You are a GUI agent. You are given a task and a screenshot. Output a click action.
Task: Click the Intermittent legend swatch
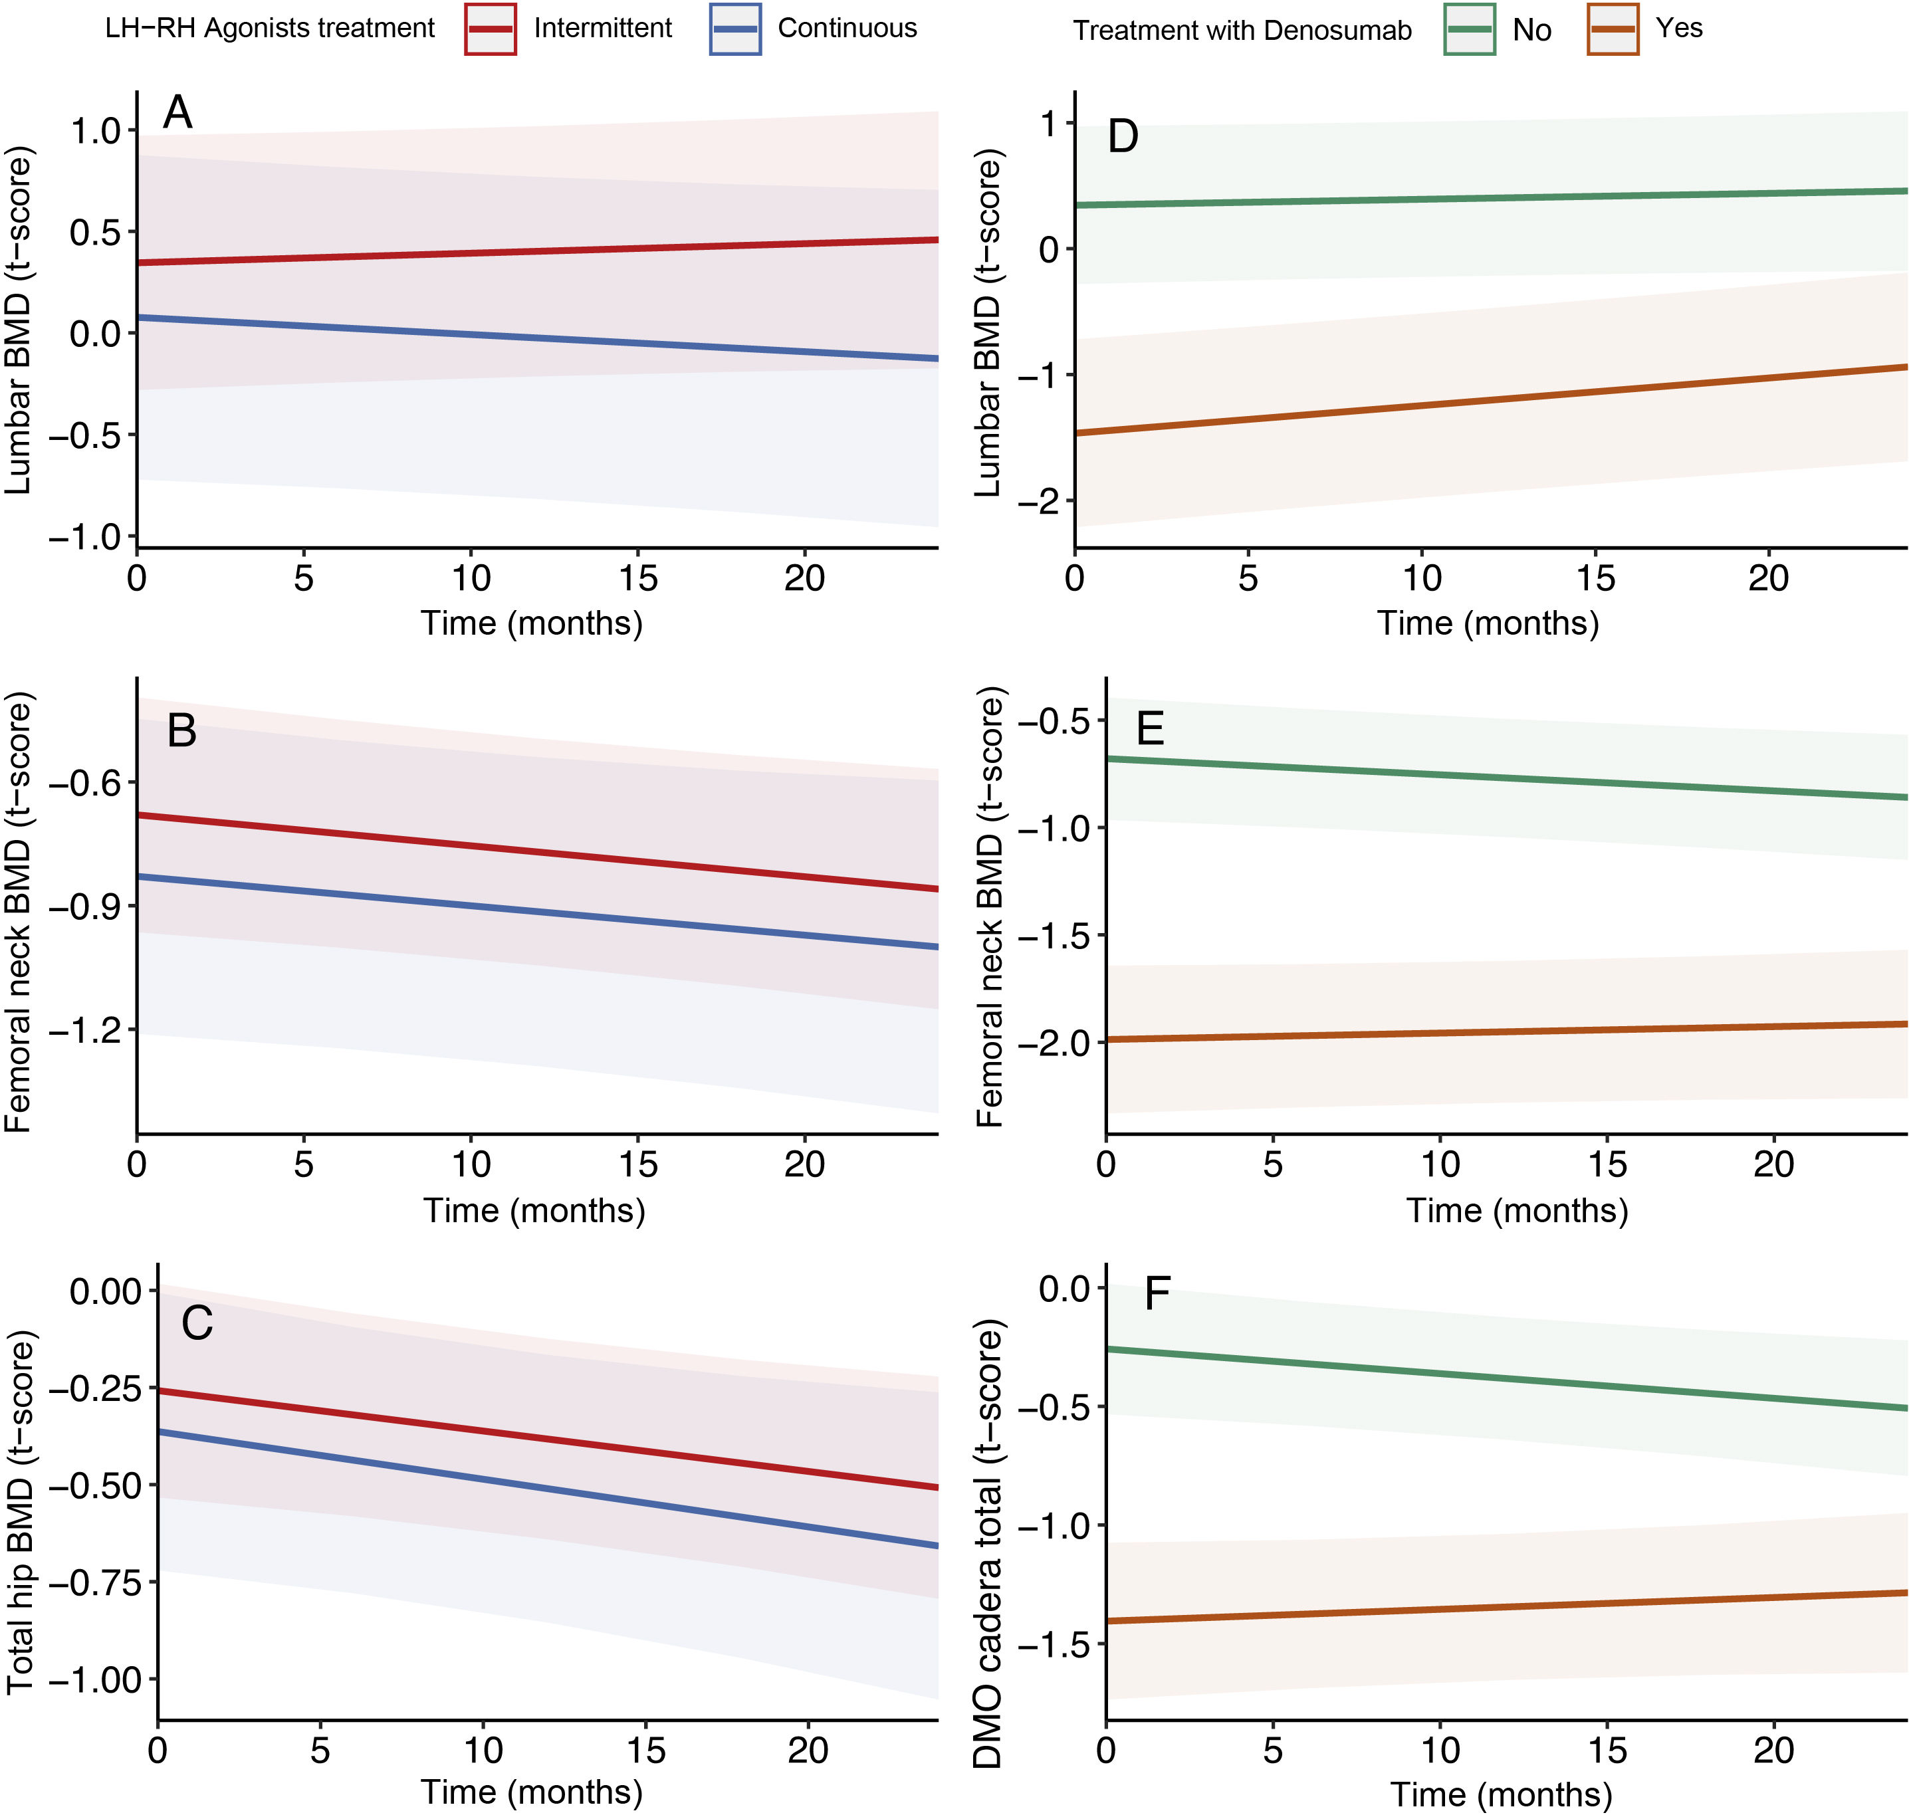coord(490,29)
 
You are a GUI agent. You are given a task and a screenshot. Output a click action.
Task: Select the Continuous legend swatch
coord(734,29)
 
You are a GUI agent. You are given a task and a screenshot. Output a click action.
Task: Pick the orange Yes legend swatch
coord(1613,29)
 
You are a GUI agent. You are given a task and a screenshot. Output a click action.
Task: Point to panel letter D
coord(1123,136)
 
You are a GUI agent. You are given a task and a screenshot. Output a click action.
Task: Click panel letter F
coord(1157,1294)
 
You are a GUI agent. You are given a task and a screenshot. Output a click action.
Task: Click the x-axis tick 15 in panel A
coord(637,579)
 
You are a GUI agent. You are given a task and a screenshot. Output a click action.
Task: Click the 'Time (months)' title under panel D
coord(1488,623)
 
